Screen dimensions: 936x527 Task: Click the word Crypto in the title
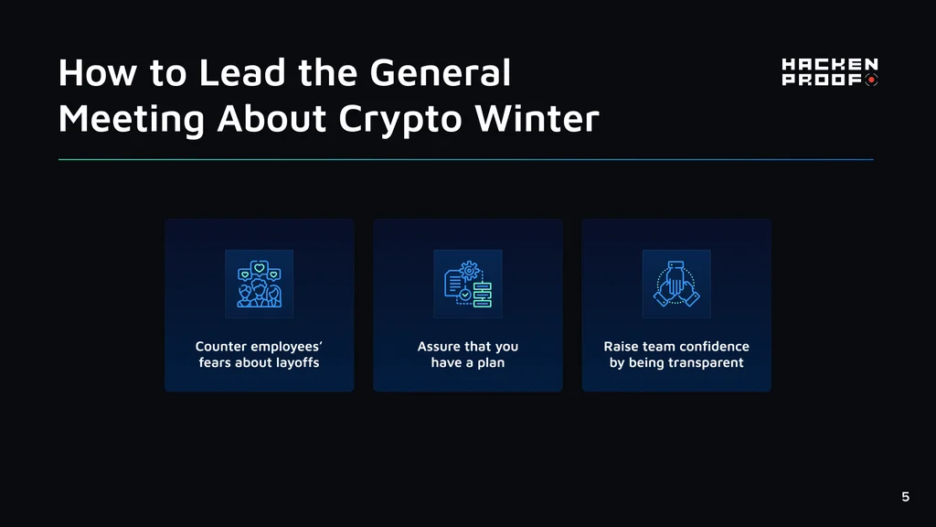tap(400, 120)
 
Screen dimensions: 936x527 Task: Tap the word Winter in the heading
tap(537, 118)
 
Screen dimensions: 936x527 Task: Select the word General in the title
tap(440, 72)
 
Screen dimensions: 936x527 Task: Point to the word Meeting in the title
tap(132, 120)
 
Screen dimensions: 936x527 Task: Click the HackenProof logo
tap(830, 71)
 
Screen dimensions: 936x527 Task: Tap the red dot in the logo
tap(871, 80)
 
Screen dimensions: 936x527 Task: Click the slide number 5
tap(906, 497)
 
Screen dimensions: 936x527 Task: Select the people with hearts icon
tap(259, 284)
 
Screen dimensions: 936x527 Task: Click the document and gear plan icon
tap(468, 284)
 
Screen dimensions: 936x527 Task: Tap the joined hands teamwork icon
tap(676, 284)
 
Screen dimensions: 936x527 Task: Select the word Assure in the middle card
tap(439, 347)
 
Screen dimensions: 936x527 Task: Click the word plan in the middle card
tap(490, 362)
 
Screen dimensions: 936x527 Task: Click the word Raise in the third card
tap(621, 347)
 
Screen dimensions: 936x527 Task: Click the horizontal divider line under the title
tap(465, 159)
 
